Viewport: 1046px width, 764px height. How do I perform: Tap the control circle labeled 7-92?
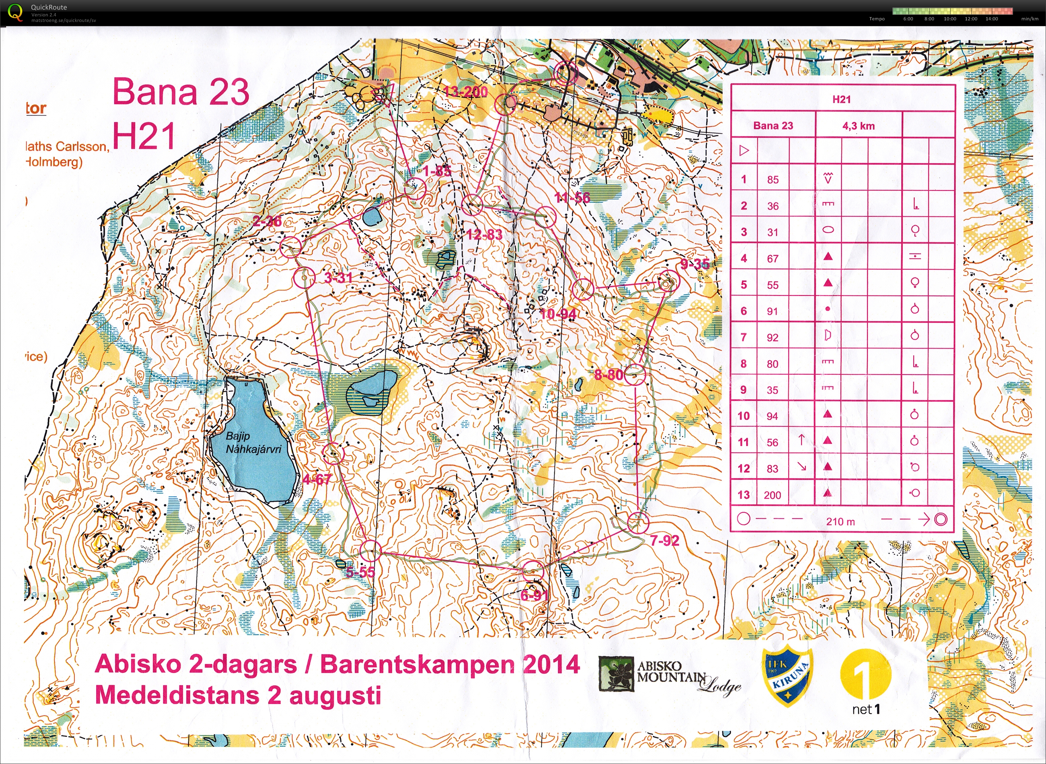(639, 523)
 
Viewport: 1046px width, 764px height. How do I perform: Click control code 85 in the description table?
(773, 180)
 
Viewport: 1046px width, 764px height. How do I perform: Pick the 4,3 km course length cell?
(858, 126)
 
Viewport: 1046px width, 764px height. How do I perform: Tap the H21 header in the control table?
(841, 99)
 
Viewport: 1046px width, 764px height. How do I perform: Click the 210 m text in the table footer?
(840, 522)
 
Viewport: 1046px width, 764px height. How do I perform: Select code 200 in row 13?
(772, 495)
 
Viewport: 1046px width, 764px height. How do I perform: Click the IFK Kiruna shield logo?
(787, 677)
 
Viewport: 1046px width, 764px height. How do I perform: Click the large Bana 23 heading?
(181, 92)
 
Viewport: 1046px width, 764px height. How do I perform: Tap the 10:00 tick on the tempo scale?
(950, 19)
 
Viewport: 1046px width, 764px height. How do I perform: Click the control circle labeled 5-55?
(370, 550)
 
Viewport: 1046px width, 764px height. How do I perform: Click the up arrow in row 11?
(801, 440)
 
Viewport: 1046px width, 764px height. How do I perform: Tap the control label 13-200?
(466, 92)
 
